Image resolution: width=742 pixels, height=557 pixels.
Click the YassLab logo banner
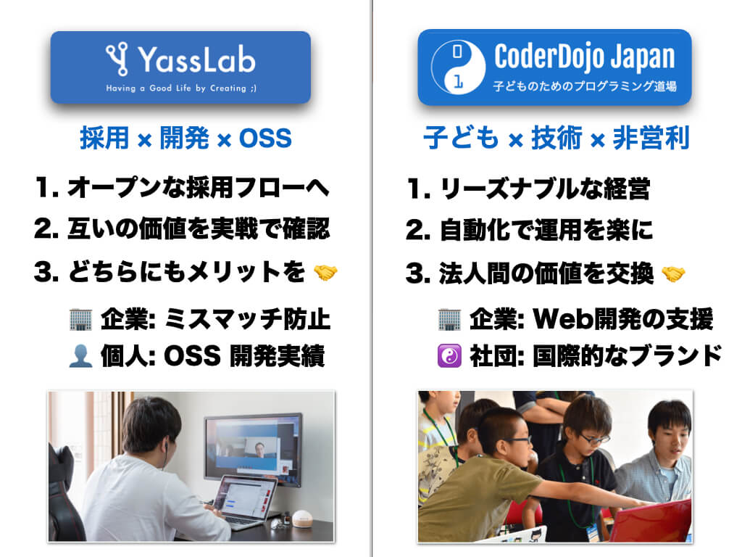coord(180,67)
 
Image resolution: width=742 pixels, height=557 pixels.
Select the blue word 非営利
coord(651,138)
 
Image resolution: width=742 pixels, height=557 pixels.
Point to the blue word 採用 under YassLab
coord(104,138)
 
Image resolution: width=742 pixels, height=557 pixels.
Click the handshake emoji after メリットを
coord(325,273)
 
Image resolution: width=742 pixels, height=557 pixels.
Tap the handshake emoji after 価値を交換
coord(673,273)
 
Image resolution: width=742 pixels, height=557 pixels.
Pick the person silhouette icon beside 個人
coord(80,356)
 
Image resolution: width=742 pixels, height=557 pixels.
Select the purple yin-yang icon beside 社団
coord(449,356)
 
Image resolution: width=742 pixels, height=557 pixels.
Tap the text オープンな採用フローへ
coord(197,189)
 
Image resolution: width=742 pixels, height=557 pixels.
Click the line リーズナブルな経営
coord(545,189)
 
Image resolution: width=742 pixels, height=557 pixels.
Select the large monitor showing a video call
coord(253,447)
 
